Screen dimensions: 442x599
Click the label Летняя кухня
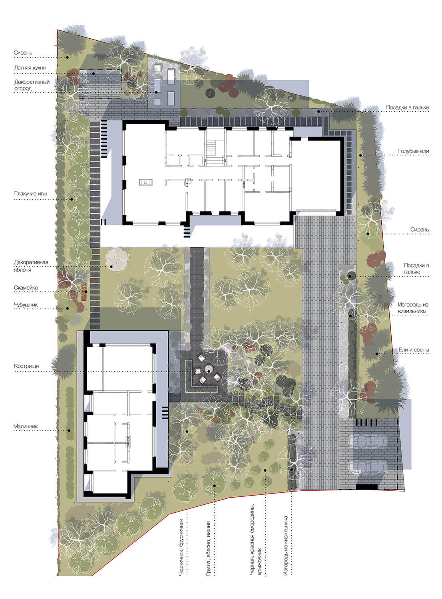[30, 68]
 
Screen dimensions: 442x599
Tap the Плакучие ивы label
[30, 194]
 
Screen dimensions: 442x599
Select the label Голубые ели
[413, 151]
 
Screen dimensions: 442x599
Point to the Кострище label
[26, 366]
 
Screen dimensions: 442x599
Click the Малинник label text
[26, 426]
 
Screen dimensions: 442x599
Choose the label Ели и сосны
[414, 350]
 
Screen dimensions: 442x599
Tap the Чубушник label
[26, 305]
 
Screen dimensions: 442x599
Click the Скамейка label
[26, 288]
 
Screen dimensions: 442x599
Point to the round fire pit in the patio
[209, 369]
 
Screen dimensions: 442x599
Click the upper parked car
[368, 441]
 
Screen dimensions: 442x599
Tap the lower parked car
[368, 467]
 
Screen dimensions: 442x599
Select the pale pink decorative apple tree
[117, 258]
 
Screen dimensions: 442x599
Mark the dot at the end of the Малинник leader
[69, 430]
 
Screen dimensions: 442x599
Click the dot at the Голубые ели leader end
[360, 155]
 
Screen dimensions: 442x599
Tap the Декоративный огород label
[32, 85]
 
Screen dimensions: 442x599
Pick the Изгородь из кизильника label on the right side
[413, 308]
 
